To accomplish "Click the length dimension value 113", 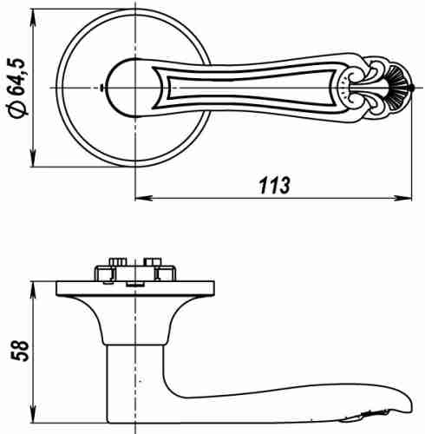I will click(274, 186).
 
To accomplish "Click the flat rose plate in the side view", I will click(136, 288).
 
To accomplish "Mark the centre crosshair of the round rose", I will click(136, 89).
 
